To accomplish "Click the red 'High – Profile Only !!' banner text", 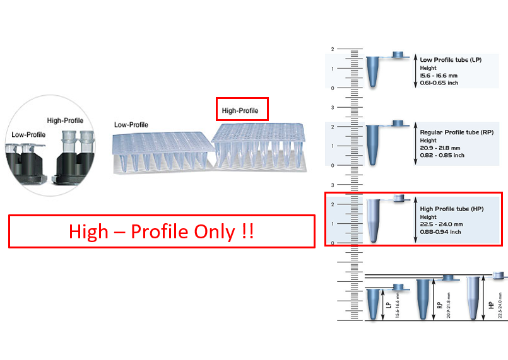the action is coord(161,231).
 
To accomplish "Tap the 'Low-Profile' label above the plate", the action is coord(131,125).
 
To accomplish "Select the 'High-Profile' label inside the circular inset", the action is coord(65,120).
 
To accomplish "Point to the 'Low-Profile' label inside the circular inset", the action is coord(28,134).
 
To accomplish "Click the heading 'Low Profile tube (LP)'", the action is coord(451,59).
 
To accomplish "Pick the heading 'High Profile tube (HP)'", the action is coord(451,209).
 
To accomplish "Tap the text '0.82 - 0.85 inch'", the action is coord(442,155).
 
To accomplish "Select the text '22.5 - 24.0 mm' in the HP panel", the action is coord(441,224).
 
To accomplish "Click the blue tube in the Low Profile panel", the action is coord(374,71).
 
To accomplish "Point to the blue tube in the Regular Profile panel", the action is coord(374,143).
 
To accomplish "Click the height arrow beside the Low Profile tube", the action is coord(415,71).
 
